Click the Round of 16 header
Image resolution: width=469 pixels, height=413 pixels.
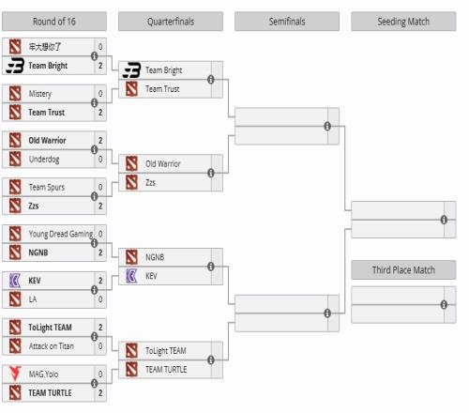click(x=54, y=22)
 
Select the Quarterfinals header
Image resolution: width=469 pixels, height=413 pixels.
click(x=171, y=22)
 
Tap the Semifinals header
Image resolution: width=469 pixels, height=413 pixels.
click(x=287, y=22)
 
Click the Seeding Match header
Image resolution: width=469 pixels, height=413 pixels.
click(x=403, y=22)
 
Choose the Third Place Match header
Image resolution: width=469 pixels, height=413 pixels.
click(x=403, y=269)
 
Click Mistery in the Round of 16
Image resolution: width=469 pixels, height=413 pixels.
click(x=40, y=94)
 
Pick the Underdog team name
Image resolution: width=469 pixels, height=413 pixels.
click(x=44, y=160)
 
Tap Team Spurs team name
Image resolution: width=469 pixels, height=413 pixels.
click(x=47, y=187)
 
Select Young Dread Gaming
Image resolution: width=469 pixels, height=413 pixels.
click(x=61, y=234)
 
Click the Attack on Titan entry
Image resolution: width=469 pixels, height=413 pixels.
click(x=52, y=346)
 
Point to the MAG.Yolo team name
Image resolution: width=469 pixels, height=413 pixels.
click(x=43, y=374)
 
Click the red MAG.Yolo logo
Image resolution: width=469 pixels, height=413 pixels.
click(x=15, y=374)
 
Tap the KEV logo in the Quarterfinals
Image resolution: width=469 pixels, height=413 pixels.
click(x=131, y=276)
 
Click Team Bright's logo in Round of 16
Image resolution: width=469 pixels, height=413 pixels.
click(x=15, y=66)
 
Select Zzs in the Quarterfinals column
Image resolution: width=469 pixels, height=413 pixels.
click(x=150, y=182)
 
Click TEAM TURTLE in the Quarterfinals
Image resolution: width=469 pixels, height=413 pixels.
click(x=166, y=370)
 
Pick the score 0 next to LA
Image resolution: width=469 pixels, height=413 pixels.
click(x=100, y=299)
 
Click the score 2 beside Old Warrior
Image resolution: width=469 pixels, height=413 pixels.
click(x=100, y=141)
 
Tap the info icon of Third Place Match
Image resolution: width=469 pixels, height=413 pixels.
click(x=444, y=304)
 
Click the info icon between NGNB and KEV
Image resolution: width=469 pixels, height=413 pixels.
click(x=211, y=267)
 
